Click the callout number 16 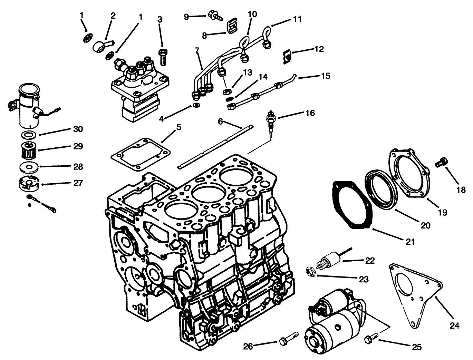(310, 113)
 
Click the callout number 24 (455, 325)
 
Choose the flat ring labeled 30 (29, 134)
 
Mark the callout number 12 (319, 49)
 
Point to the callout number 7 (197, 51)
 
